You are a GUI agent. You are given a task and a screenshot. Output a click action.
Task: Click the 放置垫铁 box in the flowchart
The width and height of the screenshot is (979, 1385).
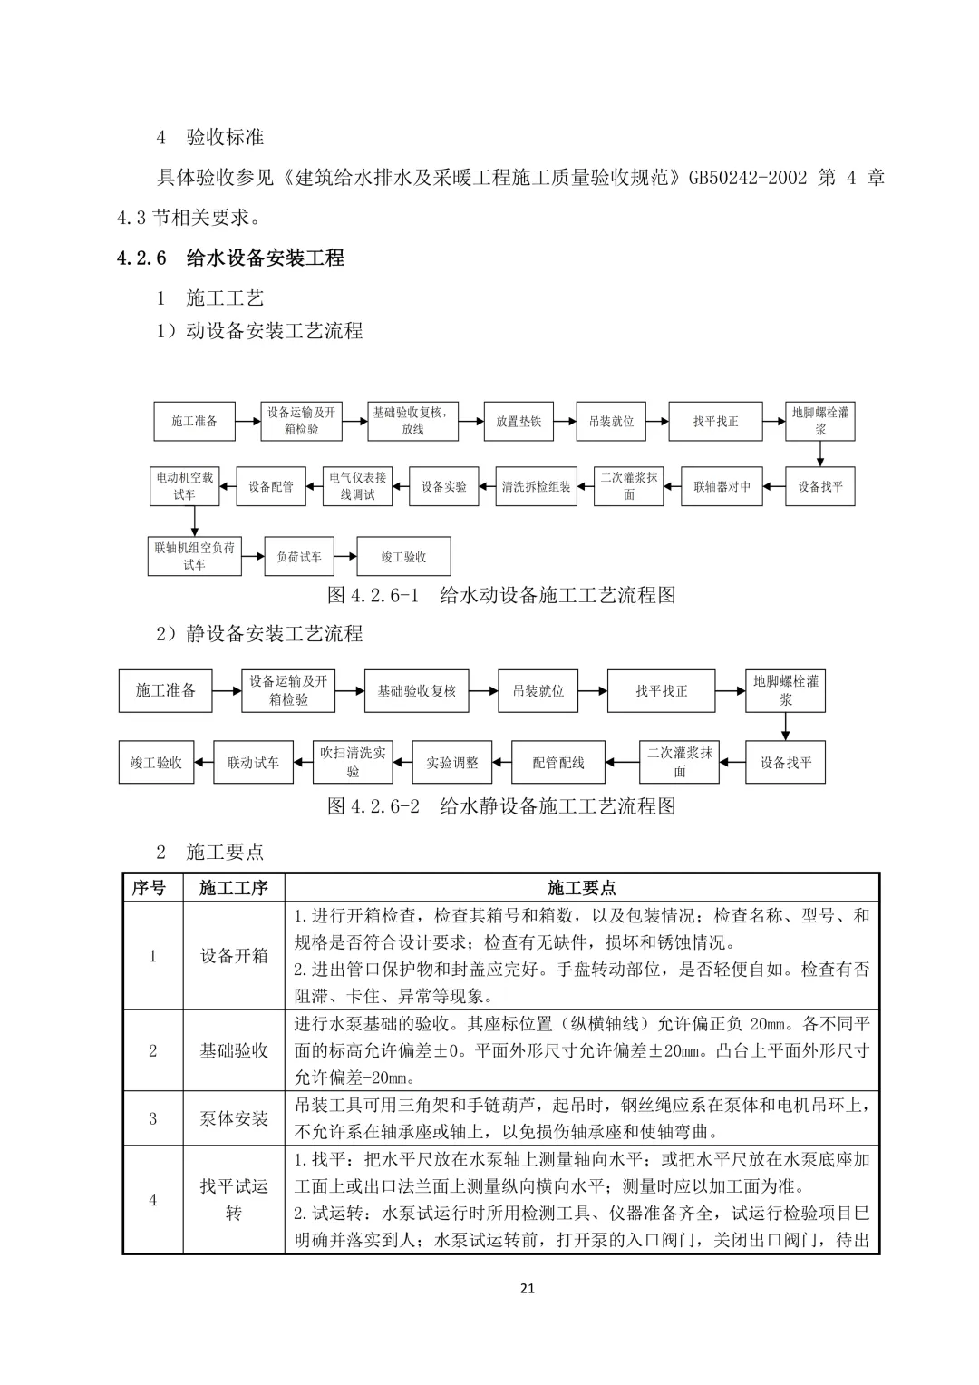point(518,421)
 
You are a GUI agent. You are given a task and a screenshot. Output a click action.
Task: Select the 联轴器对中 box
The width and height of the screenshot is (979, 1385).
point(722,486)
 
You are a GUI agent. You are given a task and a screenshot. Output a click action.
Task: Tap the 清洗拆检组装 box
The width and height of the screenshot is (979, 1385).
point(537,486)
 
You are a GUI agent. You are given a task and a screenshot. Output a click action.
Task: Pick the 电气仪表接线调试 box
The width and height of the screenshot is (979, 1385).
point(357,486)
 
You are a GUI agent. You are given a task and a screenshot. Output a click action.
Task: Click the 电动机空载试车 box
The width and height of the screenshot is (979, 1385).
point(185,485)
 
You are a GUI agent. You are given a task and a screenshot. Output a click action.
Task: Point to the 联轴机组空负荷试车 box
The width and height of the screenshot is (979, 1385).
point(194,556)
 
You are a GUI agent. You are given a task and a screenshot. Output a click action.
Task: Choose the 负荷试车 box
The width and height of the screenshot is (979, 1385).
point(298,556)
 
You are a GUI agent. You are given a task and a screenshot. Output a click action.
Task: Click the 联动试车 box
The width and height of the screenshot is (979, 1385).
point(254,763)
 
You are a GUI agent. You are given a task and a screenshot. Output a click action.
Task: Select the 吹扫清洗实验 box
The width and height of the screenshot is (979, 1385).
point(353,762)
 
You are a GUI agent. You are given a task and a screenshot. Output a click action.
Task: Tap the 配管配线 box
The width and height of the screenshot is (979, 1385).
point(558,763)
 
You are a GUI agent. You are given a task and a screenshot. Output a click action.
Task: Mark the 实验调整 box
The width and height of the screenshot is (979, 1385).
point(452,763)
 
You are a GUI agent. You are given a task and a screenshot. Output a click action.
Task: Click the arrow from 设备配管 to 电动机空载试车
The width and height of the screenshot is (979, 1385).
point(227,486)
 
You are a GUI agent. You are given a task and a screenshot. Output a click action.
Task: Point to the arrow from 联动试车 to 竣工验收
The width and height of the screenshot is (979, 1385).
point(204,763)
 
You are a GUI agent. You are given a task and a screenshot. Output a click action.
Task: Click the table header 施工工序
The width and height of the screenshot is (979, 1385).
point(234,887)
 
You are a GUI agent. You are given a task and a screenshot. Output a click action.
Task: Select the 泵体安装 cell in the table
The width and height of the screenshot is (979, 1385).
point(234,1118)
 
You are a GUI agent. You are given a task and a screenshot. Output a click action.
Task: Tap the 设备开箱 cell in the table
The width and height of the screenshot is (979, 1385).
point(234,955)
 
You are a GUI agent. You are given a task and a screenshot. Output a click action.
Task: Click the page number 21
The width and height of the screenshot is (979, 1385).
point(528,1288)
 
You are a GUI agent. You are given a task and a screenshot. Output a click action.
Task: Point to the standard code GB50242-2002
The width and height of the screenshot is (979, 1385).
point(748,178)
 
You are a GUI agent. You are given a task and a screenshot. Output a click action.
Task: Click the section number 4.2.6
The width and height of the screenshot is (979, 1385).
point(141,258)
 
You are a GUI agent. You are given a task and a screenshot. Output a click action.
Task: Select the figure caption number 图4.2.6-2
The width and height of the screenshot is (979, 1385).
point(373,806)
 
